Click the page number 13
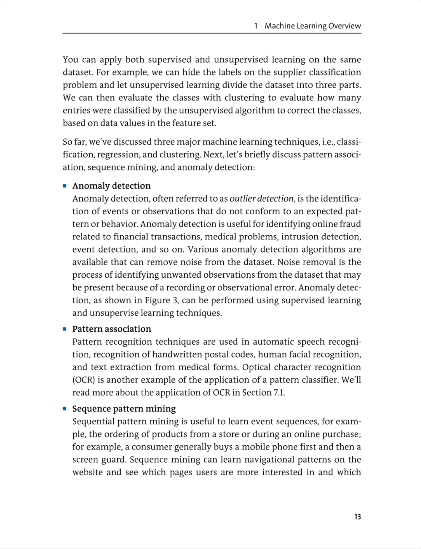(x=357, y=517)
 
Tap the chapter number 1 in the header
(x=256, y=26)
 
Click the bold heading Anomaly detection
(x=111, y=186)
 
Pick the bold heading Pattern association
(x=112, y=329)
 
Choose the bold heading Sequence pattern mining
(x=124, y=409)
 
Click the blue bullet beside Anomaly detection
(x=65, y=186)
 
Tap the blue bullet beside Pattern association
(x=65, y=329)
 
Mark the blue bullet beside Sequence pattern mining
(x=65, y=409)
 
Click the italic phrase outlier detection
(x=261, y=199)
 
